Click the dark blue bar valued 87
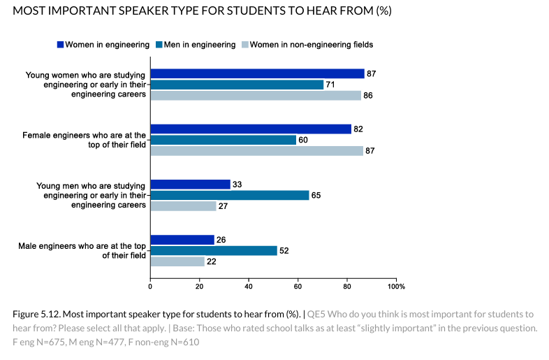click(257, 74)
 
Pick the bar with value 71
click(237, 85)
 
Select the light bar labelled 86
click(256, 96)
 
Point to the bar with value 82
click(251, 129)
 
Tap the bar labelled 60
click(224, 140)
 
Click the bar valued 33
click(190, 185)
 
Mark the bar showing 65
click(230, 195)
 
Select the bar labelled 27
click(183, 206)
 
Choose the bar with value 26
click(182, 240)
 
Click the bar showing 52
click(214, 250)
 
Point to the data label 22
click(211, 261)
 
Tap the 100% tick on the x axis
click(396, 286)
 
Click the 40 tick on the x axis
click(249, 286)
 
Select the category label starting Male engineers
click(84, 250)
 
